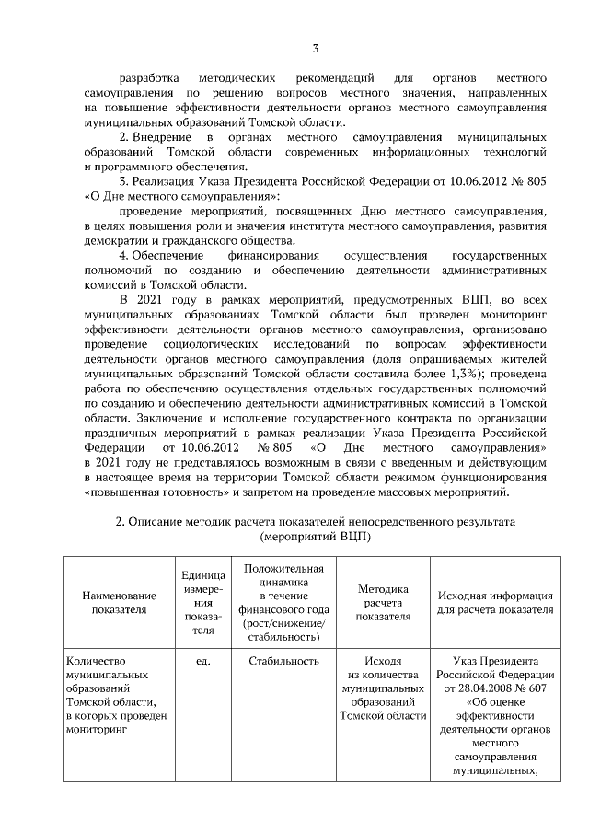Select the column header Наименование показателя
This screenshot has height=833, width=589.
coord(119,602)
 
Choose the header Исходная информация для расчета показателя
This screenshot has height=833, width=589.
coord(494,602)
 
